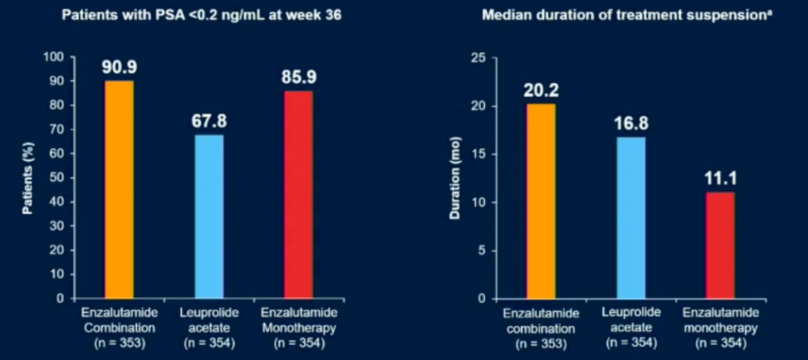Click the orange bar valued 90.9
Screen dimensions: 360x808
tap(119, 189)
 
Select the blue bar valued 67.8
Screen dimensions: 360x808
tap(209, 216)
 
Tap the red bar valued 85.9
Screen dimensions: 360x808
tap(298, 195)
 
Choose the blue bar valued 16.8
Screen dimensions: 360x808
tap(631, 217)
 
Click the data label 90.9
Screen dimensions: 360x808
tap(119, 67)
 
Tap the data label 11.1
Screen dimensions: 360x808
tap(720, 178)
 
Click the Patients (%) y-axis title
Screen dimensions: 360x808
tap(27, 177)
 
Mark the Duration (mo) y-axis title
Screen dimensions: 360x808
tap(454, 177)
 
